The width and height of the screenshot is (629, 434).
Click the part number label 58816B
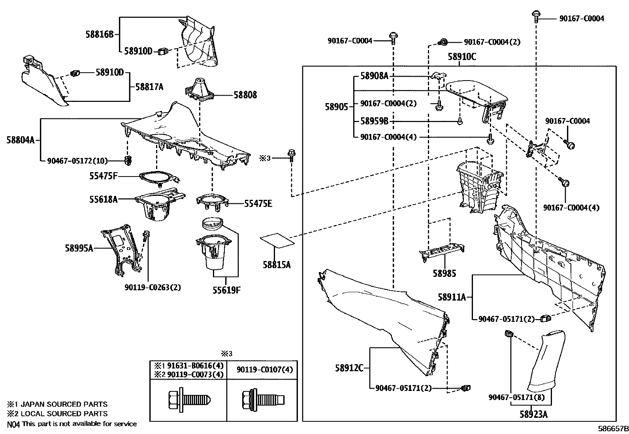[x=100, y=34]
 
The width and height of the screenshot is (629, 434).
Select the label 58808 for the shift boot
[x=245, y=95]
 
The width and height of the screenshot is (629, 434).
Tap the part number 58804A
[x=21, y=139]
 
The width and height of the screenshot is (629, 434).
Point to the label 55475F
[x=103, y=176]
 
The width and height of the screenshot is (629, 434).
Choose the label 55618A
[x=103, y=200]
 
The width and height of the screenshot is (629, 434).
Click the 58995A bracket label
[x=79, y=248]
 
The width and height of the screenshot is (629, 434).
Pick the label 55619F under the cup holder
[x=226, y=291]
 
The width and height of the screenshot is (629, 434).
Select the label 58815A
[x=277, y=265]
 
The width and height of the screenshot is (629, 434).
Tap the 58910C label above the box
[x=462, y=57]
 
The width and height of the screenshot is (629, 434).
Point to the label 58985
[x=444, y=273]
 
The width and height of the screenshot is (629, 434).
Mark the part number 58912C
[x=349, y=368]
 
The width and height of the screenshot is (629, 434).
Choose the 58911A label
[x=452, y=297]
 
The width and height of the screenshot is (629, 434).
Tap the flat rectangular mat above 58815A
[x=277, y=240]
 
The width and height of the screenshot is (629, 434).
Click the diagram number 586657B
[x=613, y=429]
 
